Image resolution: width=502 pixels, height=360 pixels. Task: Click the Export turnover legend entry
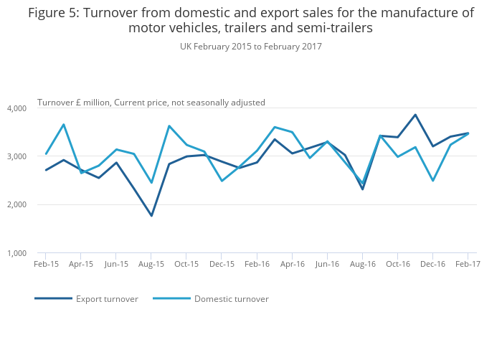click(x=107, y=299)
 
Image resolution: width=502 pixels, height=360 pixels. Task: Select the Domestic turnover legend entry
click(x=231, y=299)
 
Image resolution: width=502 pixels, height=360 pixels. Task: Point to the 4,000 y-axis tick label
click(x=16, y=108)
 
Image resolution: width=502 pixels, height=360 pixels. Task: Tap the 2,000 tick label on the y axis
click(x=16, y=205)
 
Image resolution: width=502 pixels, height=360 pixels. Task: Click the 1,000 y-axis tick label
click(x=16, y=253)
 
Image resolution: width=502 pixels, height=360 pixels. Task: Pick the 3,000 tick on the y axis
click(x=16, y=156)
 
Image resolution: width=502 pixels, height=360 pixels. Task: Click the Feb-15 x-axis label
click(x=46, y=264)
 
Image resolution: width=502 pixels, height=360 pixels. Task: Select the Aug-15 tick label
click(x=151, y=264)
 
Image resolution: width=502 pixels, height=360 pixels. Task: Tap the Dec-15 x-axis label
click(x=222, y=264)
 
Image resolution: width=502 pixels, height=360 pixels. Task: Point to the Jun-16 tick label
click(x=327, y=264)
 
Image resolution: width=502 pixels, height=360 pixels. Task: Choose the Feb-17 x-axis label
click(x=468, y=264)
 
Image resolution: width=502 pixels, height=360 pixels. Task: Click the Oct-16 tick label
click(x=397, y=264)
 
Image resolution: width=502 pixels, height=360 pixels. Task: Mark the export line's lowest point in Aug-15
click(x=151, y=216)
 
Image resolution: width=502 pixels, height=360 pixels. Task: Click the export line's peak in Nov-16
click(x=415, y=115)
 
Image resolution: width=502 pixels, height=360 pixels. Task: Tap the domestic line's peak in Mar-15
click(x=64, y=124)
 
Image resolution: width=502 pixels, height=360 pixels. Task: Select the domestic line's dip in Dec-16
click(x=432, y=181)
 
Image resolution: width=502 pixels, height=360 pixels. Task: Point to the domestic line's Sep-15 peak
click(x=169, y=126)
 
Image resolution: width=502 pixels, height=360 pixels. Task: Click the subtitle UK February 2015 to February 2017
click(x=251, y=47)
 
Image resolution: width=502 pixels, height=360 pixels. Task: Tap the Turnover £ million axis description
click(x=151, y=103)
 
